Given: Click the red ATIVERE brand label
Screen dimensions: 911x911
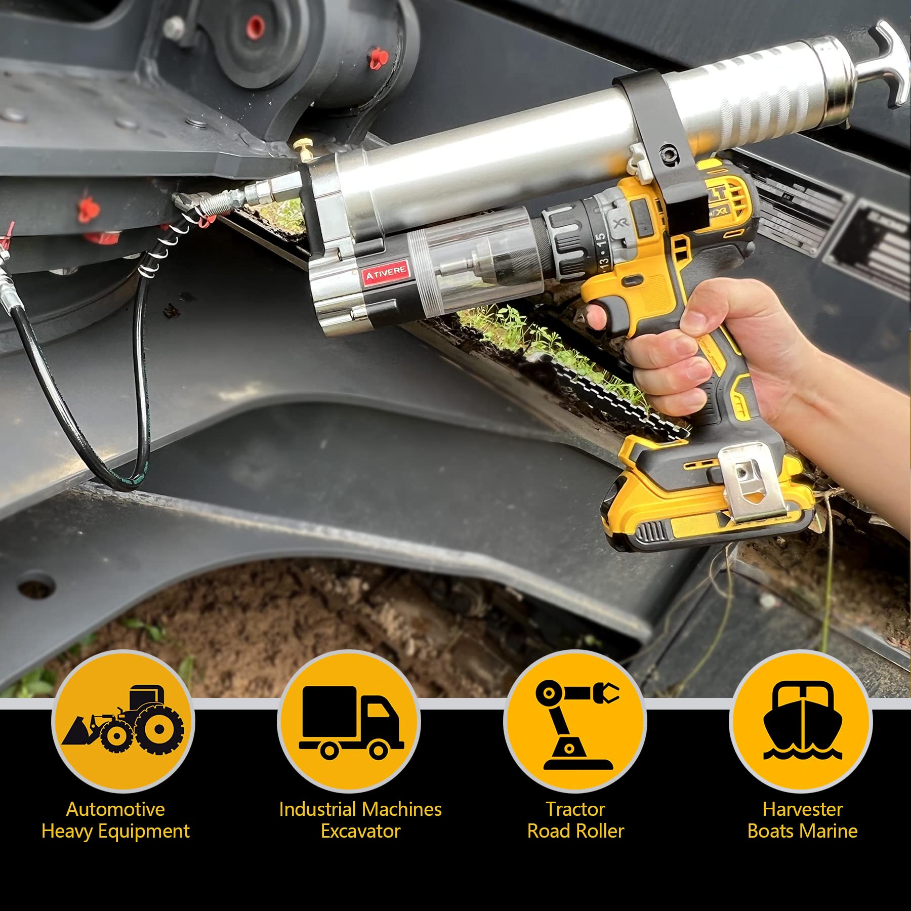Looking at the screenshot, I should [x=386, y=274].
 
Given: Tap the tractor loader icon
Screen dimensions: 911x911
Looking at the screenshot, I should [x=123, y=721].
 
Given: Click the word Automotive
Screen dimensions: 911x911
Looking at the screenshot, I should [x=115, y=809].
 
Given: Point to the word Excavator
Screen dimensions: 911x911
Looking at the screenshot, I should [x=360, y=831].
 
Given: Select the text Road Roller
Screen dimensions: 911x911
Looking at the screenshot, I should [x=575, y=831].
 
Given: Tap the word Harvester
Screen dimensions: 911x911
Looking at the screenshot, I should [x=802, y=809].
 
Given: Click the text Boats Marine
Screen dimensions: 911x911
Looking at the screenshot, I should [x=802, y=831].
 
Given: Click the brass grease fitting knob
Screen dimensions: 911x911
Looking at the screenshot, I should [x=301, y=150].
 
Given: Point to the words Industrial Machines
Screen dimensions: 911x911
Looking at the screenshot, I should [x=360, y=809].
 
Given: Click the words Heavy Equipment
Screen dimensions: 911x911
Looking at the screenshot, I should [x=115, y=831].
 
